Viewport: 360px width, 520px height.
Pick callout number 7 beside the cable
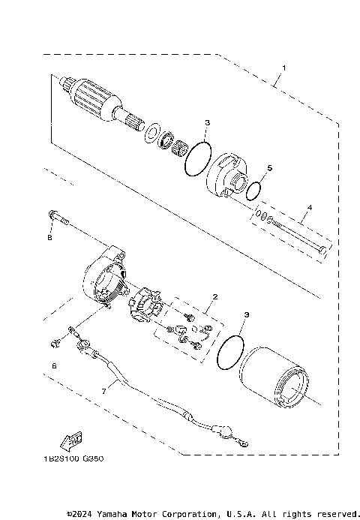105,391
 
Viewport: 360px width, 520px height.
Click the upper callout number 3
208,122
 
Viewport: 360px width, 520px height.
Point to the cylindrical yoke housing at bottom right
277,381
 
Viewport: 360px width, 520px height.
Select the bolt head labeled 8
53,216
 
